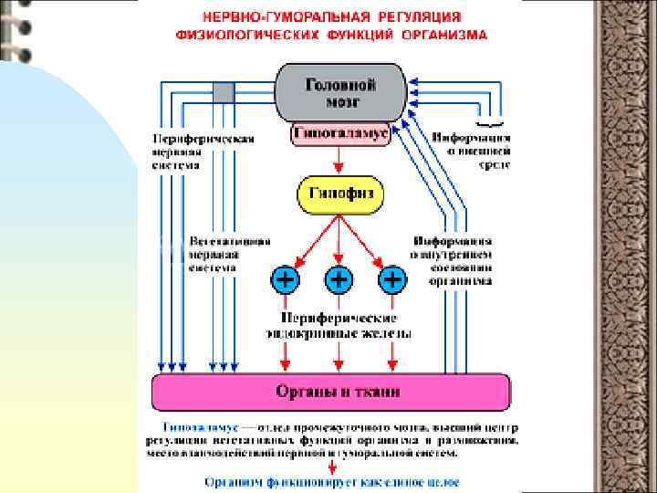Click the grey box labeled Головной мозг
[339, 92]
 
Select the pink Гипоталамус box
[339, 134]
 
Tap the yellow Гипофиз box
[339, 194]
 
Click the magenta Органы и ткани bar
[330, 393]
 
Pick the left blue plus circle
[285, 278]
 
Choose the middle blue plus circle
[339, 278]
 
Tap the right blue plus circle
[392, 278]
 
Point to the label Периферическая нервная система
[203, 152]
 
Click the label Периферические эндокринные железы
[338, 325]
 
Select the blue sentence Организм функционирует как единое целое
[331, 481]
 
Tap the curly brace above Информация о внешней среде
[490, 123]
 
